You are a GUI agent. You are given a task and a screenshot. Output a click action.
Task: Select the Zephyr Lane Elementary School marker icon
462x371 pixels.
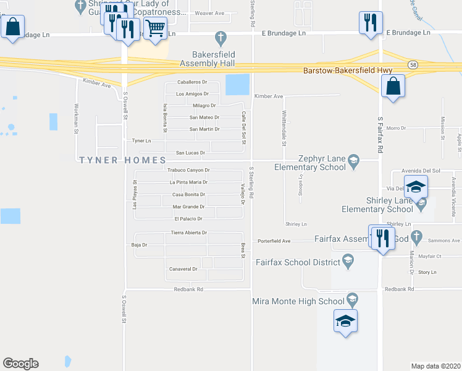(x=354, y=161)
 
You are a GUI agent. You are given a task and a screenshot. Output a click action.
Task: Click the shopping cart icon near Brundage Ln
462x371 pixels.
(x=155, y=28)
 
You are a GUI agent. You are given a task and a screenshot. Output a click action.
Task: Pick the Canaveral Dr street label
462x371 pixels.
(x=183, y=269)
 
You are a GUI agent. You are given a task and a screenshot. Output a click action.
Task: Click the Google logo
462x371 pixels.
(x=20, y=364)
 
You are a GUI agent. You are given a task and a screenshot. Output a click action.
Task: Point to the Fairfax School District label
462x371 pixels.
(x=298, y=262)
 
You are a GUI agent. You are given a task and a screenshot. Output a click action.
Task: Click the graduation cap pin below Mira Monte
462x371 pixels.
(x=345, y=322)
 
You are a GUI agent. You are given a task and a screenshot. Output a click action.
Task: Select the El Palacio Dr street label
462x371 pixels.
(x=188, y=219)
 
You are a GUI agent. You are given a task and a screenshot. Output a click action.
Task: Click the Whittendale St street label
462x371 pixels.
(x=284, y=127)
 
